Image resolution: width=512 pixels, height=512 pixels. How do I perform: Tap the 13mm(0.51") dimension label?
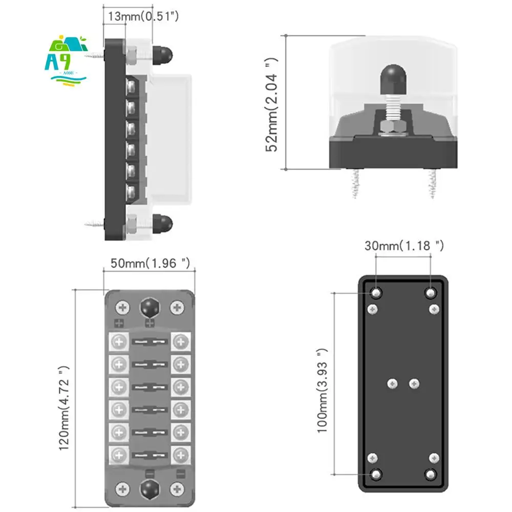(x=141, y=16)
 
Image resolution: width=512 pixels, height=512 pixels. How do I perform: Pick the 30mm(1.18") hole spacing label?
(x=404, y=246)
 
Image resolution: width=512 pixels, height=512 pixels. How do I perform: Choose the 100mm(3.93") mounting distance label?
(x=321, y=390)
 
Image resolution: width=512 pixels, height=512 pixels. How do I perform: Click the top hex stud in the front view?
(x=150, y=307)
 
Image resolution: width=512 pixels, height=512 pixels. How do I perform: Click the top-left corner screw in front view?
(x=122, y=307)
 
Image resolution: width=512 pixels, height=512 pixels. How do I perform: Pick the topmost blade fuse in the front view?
(x=150, y=342)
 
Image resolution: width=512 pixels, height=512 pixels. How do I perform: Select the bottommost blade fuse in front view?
(x=150, y=454)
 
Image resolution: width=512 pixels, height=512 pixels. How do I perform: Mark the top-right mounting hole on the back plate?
(x=431, y=293)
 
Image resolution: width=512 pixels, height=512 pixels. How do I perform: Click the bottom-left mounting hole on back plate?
(x=376, y=474)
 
